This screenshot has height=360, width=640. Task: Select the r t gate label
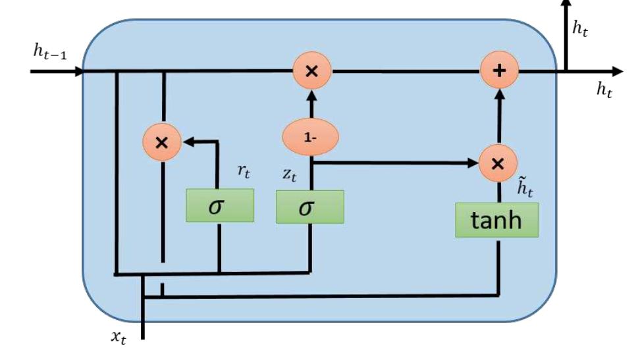tap(246, 172)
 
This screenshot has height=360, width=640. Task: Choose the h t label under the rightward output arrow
tap(604, 91)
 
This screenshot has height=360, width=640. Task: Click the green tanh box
tap(496, 220)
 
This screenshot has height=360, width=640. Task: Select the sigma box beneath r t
tap(219, 205)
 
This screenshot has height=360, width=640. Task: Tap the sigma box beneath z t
tap(309, 207)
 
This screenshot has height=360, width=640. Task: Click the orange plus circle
tap(500, 70)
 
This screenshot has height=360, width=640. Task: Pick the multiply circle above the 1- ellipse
tap(311, 70)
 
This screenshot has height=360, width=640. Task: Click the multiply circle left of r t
tap(162, 141)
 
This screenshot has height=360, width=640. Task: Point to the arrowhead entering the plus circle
tap(500, 93)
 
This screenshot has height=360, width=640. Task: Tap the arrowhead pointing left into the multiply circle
tap(187, 141)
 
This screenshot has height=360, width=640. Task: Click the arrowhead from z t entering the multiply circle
tap(472, 161)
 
